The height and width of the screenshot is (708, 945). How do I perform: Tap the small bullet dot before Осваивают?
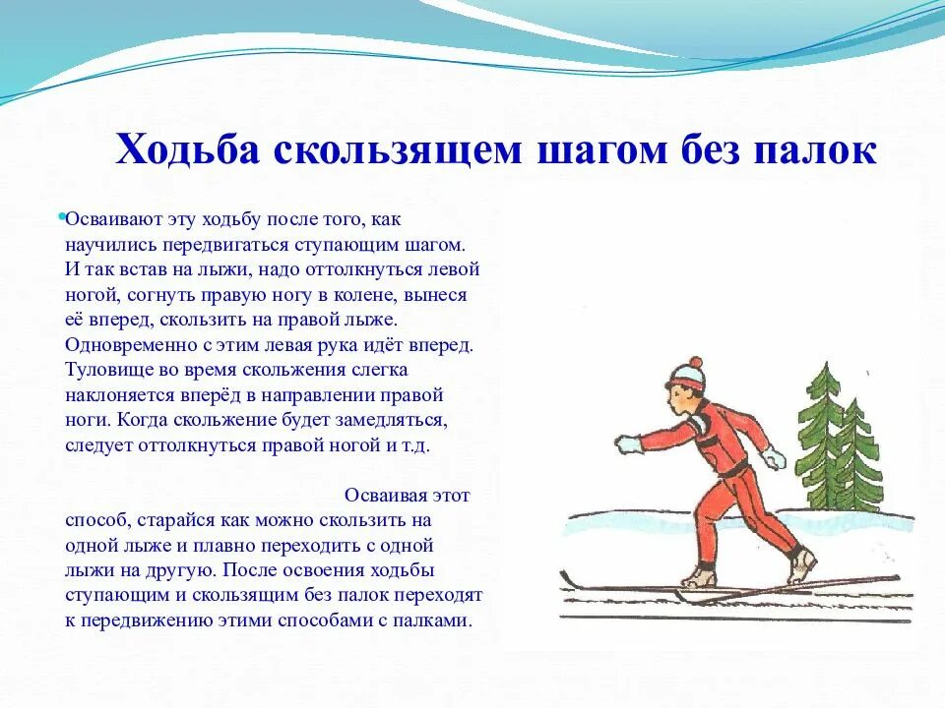[61, 215]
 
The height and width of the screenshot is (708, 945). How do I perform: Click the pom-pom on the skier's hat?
[695, 363]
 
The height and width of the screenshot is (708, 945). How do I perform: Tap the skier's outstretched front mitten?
[627, 444]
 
